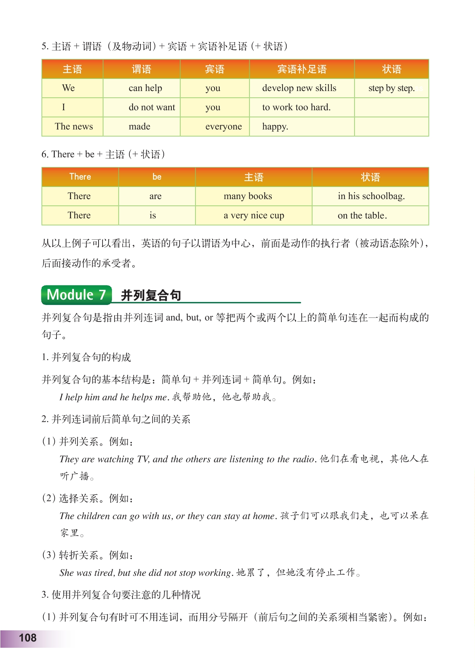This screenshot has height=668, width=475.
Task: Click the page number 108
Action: (x=28, y=638)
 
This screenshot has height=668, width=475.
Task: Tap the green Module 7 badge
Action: (x=76, y=295)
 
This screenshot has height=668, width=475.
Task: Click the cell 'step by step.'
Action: (x=391, y=88)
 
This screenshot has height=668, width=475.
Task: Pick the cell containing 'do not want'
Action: (x=152, y=107)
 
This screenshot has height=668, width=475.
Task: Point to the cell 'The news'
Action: (x=74, y=127)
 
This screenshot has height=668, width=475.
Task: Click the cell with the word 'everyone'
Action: (x=223, y=127)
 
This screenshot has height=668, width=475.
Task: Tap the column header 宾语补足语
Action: (x=302, y=69)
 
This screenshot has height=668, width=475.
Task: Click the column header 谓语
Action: (x=141, y=69)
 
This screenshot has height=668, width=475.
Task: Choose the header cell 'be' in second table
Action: (x=157, y=177)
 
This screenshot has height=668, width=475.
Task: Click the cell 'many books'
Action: (x=248, y=196)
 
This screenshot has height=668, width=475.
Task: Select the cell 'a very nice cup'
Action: (x=254, y=215)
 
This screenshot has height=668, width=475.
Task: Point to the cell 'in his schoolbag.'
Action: (x=371, y=196)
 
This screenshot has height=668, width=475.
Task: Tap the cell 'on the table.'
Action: (x=362, y=215)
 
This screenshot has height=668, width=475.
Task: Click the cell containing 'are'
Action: (x=155, y=196)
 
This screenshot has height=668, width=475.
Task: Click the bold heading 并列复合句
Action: (x=151, y=295)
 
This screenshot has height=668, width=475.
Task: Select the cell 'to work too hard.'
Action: (x=296, y=107)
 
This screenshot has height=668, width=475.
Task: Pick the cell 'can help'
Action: (x=145, y=88)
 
